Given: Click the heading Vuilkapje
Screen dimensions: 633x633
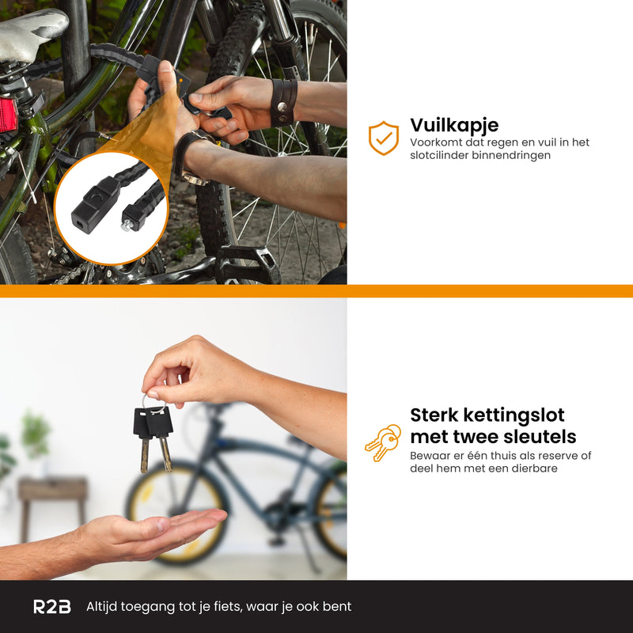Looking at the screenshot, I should [x=454, y=125].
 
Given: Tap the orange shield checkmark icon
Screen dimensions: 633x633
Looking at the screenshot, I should [x=384, y=138].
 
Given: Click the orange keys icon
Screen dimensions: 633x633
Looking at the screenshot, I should [x=382, y=443].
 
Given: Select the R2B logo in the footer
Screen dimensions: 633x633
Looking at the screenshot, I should [x=51, y=607].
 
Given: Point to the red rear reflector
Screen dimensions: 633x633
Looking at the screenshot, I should [x=8, y=115].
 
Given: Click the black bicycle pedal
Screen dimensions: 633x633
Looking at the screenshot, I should [x=245, y=265].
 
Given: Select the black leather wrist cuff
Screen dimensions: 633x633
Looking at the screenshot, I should [x=283, y=103].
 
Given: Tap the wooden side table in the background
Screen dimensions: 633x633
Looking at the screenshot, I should [x=53, y=495].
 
